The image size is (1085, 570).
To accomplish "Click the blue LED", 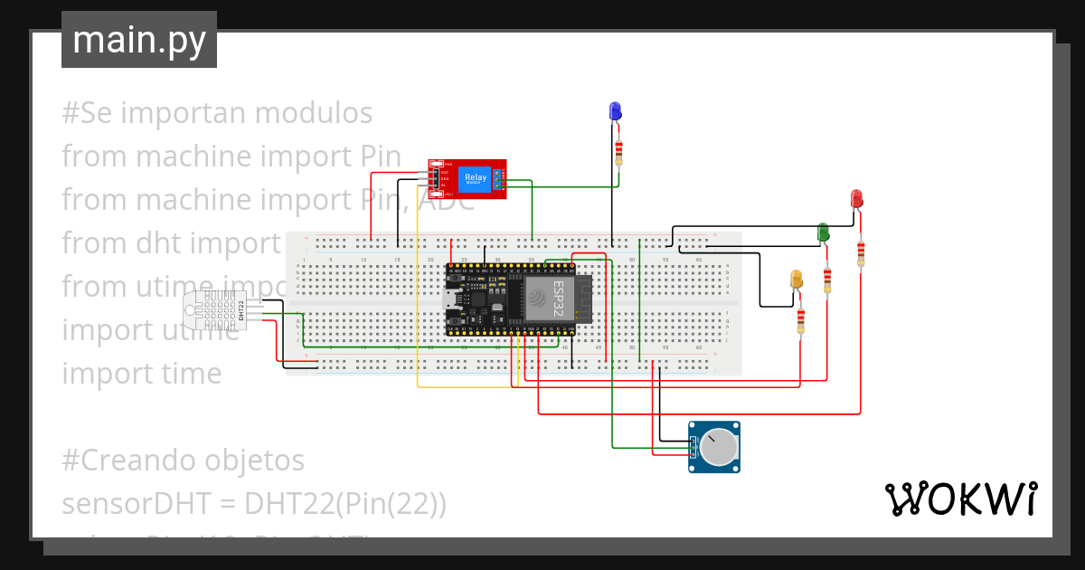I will (x=615, y=111).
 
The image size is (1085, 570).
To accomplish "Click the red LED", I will (x=856, y=198).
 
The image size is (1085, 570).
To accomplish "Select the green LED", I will (x=823, y=233).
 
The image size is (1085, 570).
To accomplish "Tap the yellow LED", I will (x=797, y=280).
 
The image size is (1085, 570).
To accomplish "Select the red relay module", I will (x=467, y=178).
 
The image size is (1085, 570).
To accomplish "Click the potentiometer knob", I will (x=718, y=447).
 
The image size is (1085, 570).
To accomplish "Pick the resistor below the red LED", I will (x=860, y=252).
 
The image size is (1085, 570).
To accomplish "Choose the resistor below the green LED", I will (x=827, y=280).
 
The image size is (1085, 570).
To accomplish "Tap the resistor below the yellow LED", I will (x=800, y=320).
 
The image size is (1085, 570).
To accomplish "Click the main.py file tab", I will (x=139, y=40).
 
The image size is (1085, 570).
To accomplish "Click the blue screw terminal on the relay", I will (x=497, y=178).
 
